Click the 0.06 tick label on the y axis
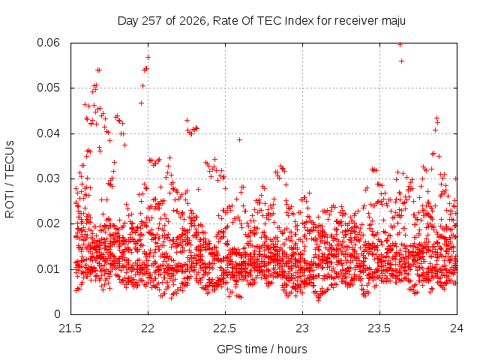pyautogui.click(x=48, y=43)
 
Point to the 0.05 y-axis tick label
pyautogui.click(x=48, y=88)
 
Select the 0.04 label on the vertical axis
pyautogui.click(x=48, y=133)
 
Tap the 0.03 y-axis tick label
pyautogui.click(x=48, y=178)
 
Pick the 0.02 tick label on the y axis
pyautogui.click(x=48, y=223)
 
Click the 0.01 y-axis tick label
pyautogui.click(x=48, y=269)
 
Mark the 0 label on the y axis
pyautogui.click(x=57, y=314)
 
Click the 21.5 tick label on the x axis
pyautogui.click(x=70, y=328)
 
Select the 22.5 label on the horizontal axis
pyautogui.click(x=225, y=328)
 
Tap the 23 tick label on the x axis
pyautogui.click(x=302, y=328)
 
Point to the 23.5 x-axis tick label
pyautogui.click(x=379, y=328)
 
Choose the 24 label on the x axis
pyautogui.click(x=457, y=328)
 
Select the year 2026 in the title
pyautogui.click(x=193, y=21)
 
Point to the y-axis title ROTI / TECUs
pyautogui.click(x=10, y=179)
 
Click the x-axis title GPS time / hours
pyautogui.click(x=262, y=349)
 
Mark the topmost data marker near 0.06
pyautogui.click(x=400, y=45)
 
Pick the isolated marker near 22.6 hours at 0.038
pyautogui.click(x=240, y=140)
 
